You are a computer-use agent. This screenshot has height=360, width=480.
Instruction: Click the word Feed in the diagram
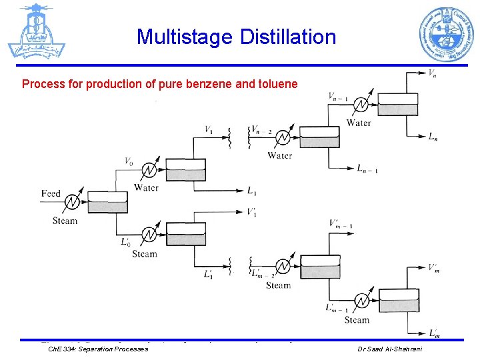coord(51,194)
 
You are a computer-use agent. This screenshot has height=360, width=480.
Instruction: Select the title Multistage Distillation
coord(236,37)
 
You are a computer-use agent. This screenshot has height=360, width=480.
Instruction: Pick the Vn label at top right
coord(433,73)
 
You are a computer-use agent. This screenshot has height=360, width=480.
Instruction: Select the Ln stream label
coord(433,137)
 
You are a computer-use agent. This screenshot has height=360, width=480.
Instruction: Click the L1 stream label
coord(252,192)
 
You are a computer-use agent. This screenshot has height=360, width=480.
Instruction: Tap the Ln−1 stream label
coord(367,168)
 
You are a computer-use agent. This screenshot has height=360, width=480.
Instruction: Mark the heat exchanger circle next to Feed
coord(73,201)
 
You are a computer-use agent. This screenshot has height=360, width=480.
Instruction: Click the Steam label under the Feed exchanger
coord(65,221)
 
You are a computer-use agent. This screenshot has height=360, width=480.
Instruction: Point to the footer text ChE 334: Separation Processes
coord(99,349)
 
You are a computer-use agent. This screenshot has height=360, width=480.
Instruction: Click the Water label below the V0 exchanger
coord(146,188)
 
